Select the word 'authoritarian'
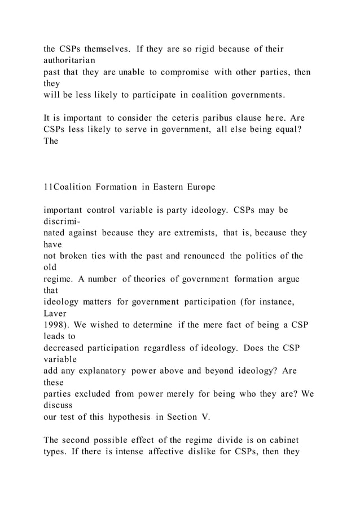[69, 59]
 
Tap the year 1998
[54, 326]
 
